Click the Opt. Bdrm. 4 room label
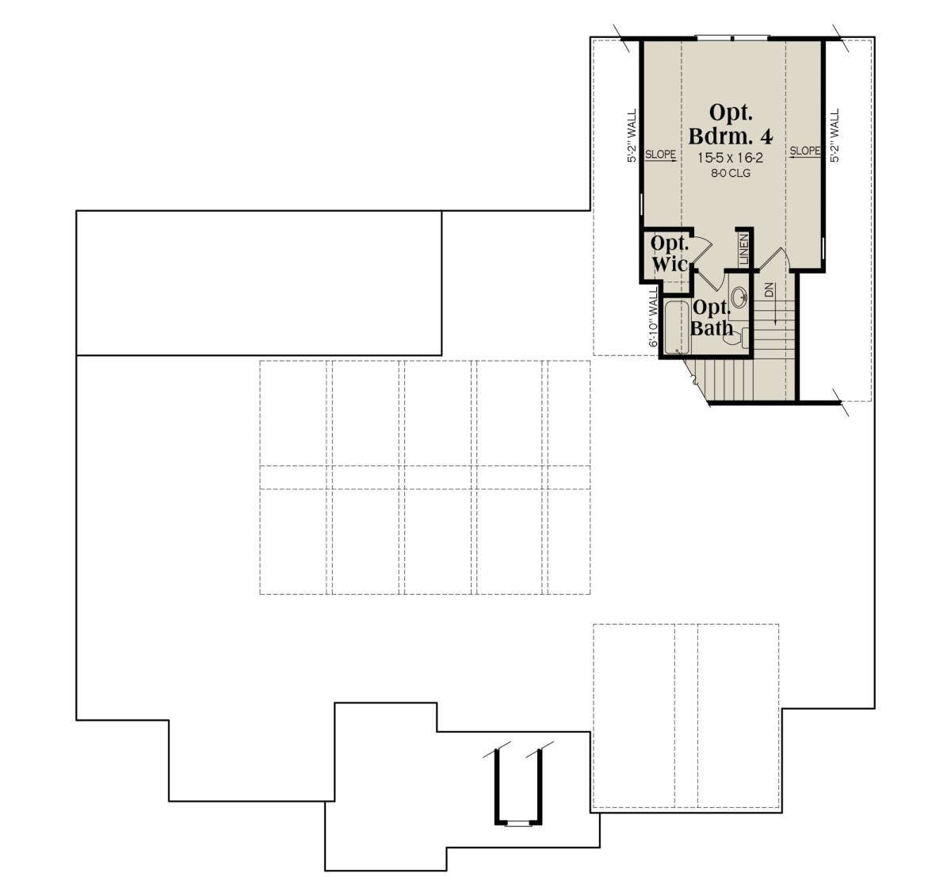731,124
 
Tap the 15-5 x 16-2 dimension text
730,157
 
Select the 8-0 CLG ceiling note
731,173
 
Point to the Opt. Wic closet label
670,254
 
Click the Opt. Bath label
712,318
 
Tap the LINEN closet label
743,249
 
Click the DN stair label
769,289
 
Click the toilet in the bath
736,337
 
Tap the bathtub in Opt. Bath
677,328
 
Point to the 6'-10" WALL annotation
653,317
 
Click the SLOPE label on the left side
660,155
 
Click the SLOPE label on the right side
804,151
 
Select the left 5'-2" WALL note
632,136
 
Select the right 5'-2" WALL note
835,136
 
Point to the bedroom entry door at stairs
773,260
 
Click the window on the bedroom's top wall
731,37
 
